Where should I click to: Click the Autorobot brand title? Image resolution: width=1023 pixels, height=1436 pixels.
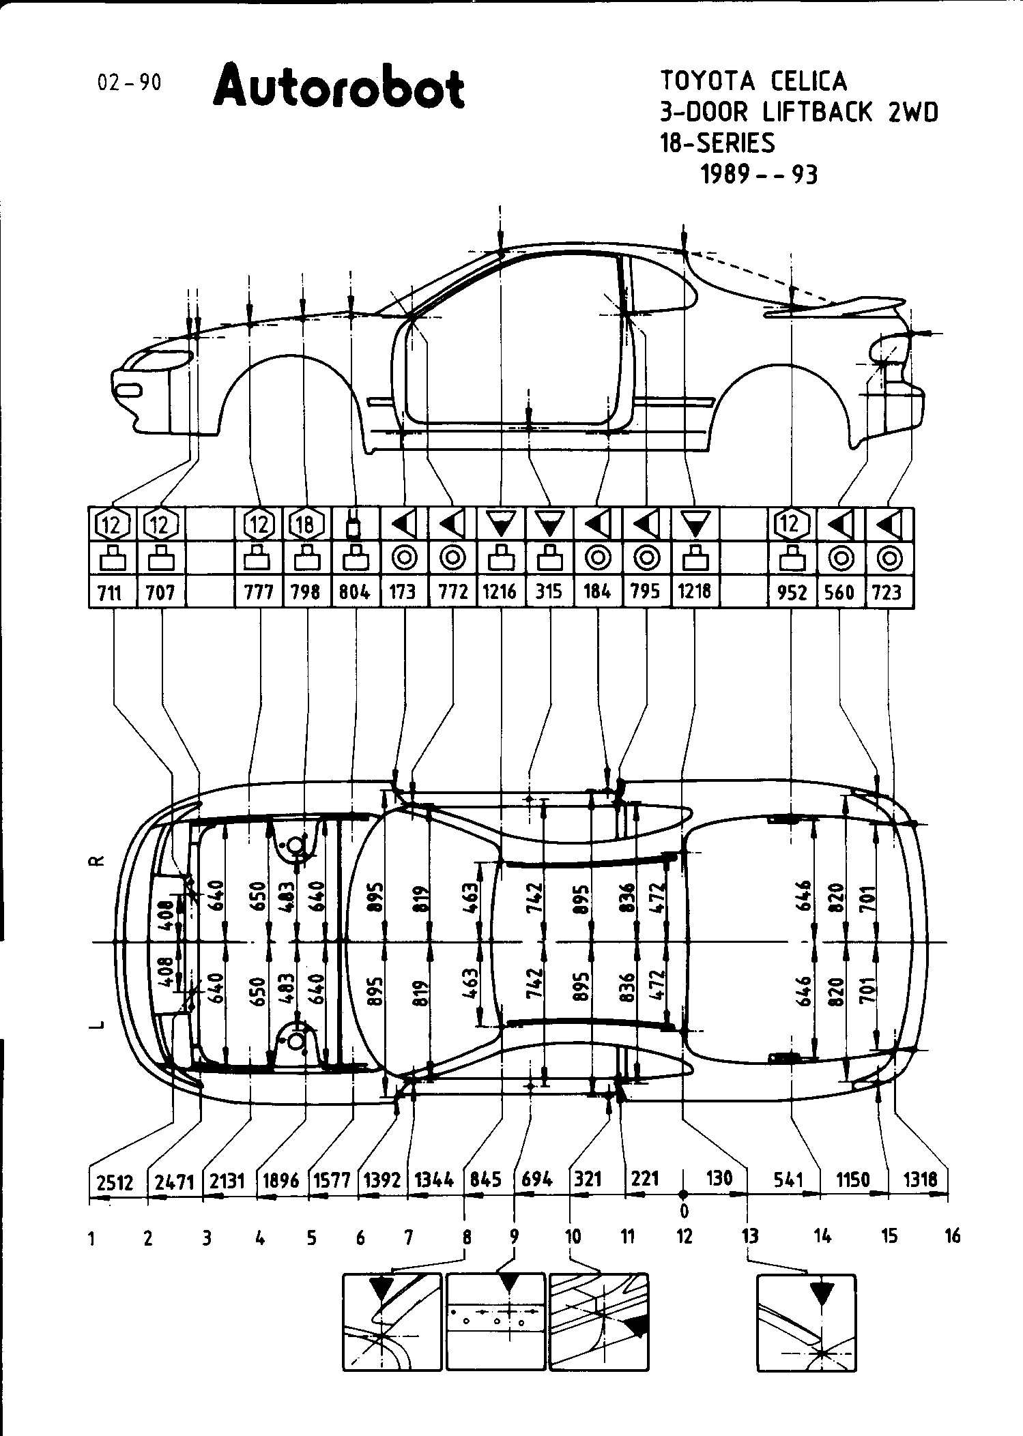pos(338,87)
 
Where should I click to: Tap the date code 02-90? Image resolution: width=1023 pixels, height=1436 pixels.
pos(130,83)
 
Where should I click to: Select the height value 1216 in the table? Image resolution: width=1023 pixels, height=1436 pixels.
pos(500,591)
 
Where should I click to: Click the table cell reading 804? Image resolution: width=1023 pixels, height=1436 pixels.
pos(355,591)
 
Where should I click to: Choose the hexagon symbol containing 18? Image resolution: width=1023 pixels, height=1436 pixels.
pos(306,525)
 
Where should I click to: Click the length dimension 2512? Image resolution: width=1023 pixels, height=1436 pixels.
pos(115,1181)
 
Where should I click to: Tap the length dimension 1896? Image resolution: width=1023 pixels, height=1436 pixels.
pos(280,1180)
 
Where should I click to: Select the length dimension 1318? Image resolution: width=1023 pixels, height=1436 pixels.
pos(920,1179)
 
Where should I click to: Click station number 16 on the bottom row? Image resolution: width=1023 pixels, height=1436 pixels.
pos(952,1235)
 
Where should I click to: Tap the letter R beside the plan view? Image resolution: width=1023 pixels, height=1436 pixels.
pos(98,861)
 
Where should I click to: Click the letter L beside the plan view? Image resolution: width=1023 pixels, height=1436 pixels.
pos(98,1024)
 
